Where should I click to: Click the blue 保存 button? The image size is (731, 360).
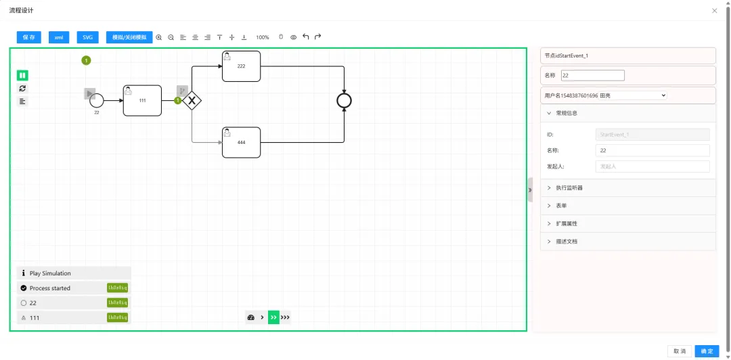pyautogui.click(x=29, y=37)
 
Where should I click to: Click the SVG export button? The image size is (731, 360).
pyautogui.click(x=87, y=37)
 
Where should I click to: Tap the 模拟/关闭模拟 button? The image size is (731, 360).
pyautogui.click(x=129, y=37)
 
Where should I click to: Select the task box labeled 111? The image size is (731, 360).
pyautogui.click(x=142, y=100)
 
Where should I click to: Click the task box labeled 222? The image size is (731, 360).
pyautogui.click(x=241, y=66)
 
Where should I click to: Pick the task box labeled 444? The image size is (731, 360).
pyautogui.click(x=241, y=142)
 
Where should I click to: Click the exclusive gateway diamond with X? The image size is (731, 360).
pyautogui.click(x=192, y=101)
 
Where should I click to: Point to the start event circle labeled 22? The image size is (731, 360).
pyautogui.click(x=96, y=100)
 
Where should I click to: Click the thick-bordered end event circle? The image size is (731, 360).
pyautogui.click(x=345, y=101)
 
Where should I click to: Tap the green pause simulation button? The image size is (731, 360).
pyautogui.click(x=22, y=75)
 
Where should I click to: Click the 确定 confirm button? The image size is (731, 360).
pyautogui.click(x=707, y=351)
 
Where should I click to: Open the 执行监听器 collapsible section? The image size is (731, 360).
pyautogui.click(x=569, y=187)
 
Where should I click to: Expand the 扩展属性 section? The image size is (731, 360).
pyautogui.click(x=567, y=223)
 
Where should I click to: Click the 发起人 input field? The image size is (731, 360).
pyautogui.click(x=652, y=166)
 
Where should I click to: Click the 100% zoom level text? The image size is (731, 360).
pyautogui.click(x=263, y=37)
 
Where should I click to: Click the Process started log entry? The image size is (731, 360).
pyautogui.click(x=50, y=288)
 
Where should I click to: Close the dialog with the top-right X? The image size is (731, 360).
pyautogui.click(x=715, y=11)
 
